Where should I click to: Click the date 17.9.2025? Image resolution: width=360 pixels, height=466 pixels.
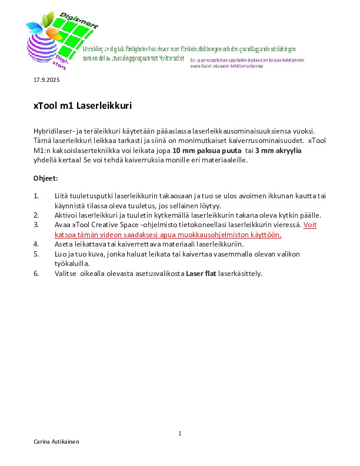(46, 79)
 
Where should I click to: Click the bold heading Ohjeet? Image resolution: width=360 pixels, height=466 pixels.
(45, 178)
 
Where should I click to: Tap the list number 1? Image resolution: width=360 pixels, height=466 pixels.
(36, 195)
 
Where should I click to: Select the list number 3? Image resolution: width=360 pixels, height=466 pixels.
(36, 225)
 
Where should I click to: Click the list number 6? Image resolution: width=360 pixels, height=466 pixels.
(36, 273)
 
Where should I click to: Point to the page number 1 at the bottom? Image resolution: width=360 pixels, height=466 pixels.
(179, 434)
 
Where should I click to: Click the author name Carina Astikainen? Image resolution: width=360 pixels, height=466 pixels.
(56, 441)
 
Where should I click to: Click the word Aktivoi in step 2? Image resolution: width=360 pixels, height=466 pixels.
(65, 215)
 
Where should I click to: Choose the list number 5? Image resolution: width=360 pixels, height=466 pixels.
(36, 254)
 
